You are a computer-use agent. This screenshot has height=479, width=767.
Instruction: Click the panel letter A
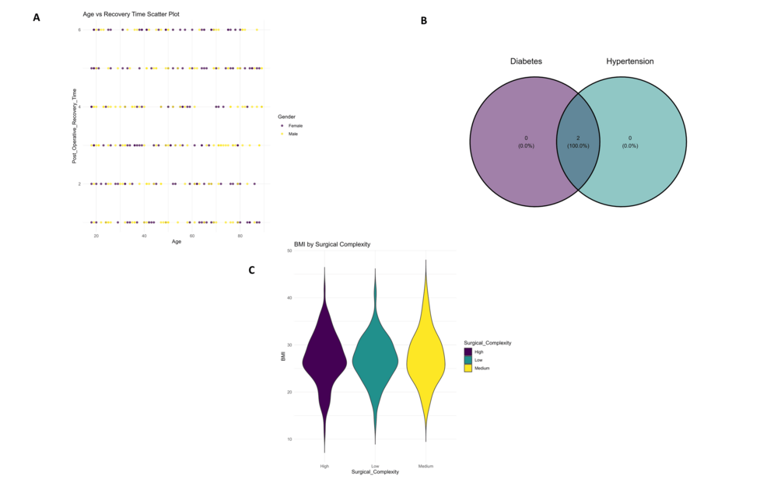(x=36, y=17)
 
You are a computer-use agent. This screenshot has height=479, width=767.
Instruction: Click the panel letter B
(x=424, y=21)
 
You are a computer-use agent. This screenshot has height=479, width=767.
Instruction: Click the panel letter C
(x=251, y=270)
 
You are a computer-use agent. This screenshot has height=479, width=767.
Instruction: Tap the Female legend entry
(x=295, y=125)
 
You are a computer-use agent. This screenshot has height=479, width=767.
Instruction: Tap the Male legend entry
(x=292, y=134)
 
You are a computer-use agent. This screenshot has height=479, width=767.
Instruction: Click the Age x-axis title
(x=177, y=242)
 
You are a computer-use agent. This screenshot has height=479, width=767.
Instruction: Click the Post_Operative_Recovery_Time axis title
(x=75, y=125)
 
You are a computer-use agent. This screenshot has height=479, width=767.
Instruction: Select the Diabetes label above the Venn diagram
(x=527, y=61)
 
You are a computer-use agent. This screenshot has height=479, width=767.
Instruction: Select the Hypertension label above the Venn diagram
(x=629, y=61)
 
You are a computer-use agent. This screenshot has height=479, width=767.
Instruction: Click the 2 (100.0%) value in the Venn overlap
(x=578, y=142)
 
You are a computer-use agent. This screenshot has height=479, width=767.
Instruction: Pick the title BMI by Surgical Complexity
(x=331, y=244)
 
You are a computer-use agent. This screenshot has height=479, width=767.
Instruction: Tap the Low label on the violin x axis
(x=375, y=466)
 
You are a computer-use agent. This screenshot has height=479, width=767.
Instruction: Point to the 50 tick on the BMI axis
(x=289, y=250)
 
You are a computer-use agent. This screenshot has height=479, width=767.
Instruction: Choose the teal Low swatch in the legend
(x=468, y=360)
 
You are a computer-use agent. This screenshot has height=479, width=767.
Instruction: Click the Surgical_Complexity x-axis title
(x=375, y=472)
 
